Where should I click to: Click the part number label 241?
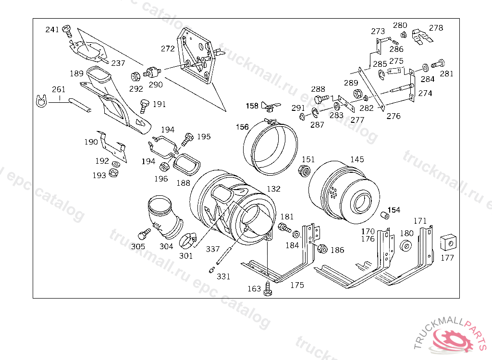pos(52,29)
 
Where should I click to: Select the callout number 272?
pos(168,48)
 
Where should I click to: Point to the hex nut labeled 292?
pos(135,76)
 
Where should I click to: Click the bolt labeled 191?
pos(144,106)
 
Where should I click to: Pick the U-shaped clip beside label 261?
pos(41,101)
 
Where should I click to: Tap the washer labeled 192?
pos(115,164)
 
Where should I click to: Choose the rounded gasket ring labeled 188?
pos(187,164)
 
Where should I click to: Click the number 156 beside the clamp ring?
pos(242,127)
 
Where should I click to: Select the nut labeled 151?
pos(304,170)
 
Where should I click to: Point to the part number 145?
pos(357,159)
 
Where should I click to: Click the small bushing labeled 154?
pos(384,216)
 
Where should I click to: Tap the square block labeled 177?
pos(448,242)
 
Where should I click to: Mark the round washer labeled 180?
pos(406,245)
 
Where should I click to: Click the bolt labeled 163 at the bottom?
pos(267,288)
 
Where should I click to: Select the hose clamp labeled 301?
pos(188,240)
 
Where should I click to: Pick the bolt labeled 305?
pos(144,234)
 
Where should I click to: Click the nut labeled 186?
pos(322,249)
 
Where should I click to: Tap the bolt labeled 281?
pos(438,64)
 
